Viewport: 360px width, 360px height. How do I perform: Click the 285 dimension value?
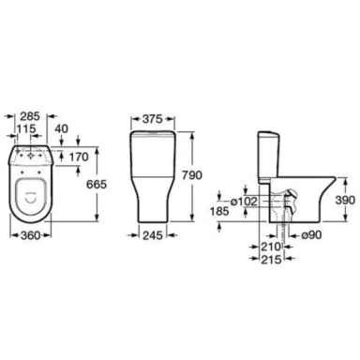coord(30,116)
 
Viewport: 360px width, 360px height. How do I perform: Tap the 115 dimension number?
coord(26,128)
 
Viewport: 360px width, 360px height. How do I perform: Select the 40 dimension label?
coord(61,128)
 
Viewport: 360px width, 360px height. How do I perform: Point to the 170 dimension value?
coord(79,157)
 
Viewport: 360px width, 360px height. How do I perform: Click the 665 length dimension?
coord(97,184)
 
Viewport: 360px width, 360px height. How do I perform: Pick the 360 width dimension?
coord(31,235)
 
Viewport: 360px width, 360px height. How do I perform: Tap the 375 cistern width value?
coord(153,119)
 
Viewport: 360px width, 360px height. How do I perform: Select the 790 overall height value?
coord(192,175)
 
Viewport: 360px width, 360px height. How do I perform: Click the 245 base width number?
coord(153,235)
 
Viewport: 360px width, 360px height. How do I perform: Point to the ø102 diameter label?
coord(244,202)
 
